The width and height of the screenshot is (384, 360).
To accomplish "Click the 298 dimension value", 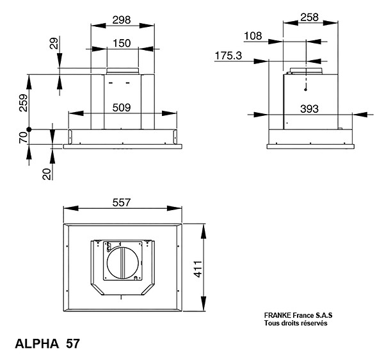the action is coord(122,20).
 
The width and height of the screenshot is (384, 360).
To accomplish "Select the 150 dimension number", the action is coord(122,44).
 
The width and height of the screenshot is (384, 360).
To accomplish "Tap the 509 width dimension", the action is coord(122,108).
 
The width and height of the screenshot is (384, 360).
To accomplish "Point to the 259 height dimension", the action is coord(24,102).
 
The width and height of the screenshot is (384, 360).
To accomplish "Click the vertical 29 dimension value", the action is coord(54,43).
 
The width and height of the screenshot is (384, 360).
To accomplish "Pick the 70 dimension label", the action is coord(23,138).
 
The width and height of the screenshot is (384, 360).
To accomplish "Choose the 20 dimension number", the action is coord(47,174).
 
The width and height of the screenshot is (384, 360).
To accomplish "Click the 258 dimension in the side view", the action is coord(310,17).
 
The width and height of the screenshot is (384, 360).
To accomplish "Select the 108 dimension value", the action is coord(253,36).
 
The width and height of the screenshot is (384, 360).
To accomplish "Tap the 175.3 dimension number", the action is coord(228,56).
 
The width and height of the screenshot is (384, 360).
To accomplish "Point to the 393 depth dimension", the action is coord(309,109).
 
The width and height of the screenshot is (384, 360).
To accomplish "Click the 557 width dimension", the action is coord(122,202).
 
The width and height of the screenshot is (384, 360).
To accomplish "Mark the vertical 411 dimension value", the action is coord(198,269).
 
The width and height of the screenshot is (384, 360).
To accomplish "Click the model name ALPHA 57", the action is coord(47,343).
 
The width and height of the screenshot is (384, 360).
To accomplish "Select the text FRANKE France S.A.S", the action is coord(298,315).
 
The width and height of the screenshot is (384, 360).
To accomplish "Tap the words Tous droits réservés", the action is coord(296,323).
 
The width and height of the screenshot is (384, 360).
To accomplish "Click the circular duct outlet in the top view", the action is coord(122,263).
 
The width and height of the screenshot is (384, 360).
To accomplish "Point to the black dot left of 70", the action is coord(29,129).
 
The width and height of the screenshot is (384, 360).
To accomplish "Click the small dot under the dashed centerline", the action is coord(305,90).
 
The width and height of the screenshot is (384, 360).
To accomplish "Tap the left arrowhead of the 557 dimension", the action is coord(71,208).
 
